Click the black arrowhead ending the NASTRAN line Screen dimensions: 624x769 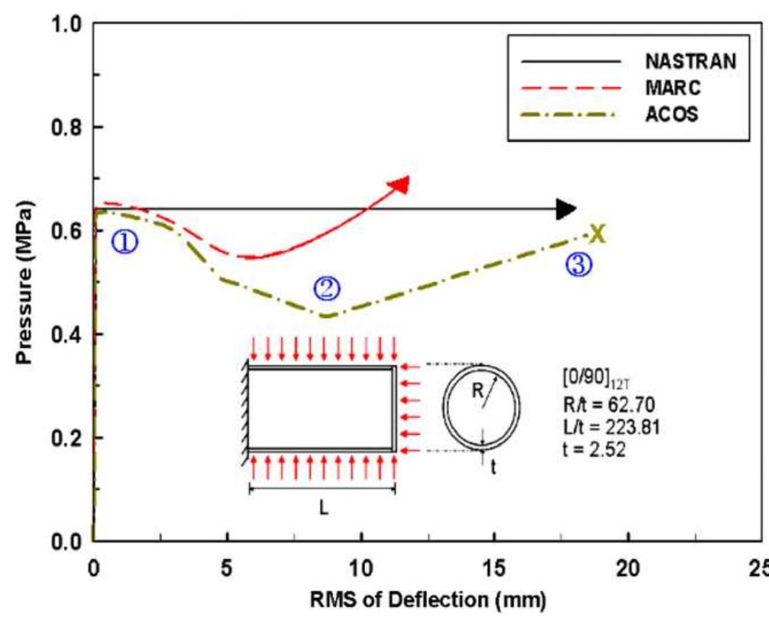click(x=566, y=208)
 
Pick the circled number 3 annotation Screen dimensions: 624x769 click(x=578, y=264)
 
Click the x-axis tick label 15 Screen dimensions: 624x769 click(x=494, y=568)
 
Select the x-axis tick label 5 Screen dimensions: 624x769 click(x=227, y=568)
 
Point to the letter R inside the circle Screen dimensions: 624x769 click(x=477, y=391)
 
